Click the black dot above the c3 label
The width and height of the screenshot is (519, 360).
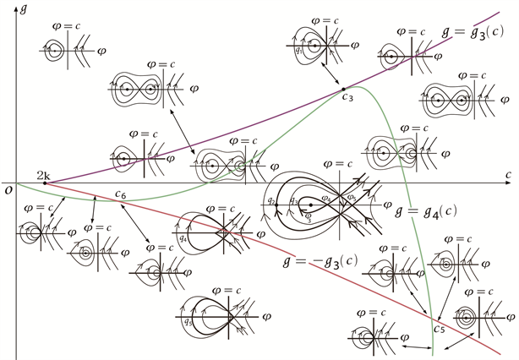pyautogui.click(x=342, y=88)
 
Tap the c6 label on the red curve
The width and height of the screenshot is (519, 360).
pyautogui.click(x=121, y=194)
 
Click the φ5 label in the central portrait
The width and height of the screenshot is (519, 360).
pyautogui.click(x=351, y=199)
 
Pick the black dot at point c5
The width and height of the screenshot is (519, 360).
pyautogui.click(x=433, y=316)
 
